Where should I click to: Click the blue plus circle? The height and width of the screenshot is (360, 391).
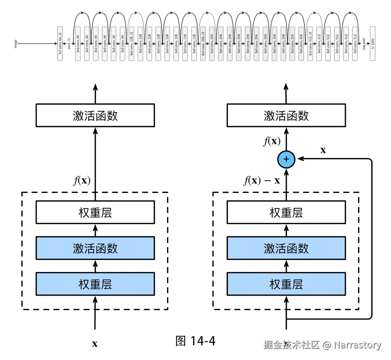pyautogui.click(x=286, y=159)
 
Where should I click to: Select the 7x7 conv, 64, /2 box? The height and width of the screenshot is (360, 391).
pyautogui.click(x=60, y=44)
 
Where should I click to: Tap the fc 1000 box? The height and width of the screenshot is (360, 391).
pyautogui.click(x=373, y=44)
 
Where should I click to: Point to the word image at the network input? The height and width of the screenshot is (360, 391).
pyautogui.click(x=15, y=44)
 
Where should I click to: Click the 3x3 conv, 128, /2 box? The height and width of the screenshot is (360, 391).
pyautogui.click(x=132, y=44)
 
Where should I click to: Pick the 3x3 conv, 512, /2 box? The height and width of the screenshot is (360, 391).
pyautogui.click(x=310, y=44)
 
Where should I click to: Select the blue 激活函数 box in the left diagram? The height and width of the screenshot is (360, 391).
pyautogui.click(x=95, y=248)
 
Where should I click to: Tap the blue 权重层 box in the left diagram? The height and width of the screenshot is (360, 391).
pyautogui.click(x=95, y=284)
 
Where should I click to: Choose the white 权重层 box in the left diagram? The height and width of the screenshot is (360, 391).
pyautogui.click(x=95, y=213)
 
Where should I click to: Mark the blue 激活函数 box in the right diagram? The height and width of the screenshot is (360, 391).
pyautogui.click(x=286, y=248)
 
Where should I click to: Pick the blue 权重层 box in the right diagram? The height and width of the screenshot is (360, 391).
pyautogui.click(x=286, y=284)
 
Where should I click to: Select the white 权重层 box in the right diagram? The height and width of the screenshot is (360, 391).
pyautogui.click(x=286, y=213)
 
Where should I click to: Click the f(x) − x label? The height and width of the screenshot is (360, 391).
pyautogui.click(x=262, y=180)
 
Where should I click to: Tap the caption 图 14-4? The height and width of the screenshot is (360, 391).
pyautogui.click(x=195, y=341)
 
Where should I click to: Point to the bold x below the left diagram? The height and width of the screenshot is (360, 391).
pyautogui.click(x=95, y=344)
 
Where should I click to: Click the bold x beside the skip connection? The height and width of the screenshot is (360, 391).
pyautogui.click(x=323, y=150)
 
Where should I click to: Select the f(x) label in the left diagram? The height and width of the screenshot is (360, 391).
pyautogui.click(x=82, y=180)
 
